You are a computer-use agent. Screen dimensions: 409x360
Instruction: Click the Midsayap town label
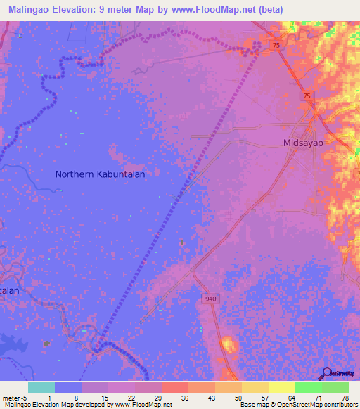point(302,142)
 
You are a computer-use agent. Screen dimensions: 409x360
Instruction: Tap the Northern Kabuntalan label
point(100,174)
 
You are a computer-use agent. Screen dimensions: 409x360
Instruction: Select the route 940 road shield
point(212,299)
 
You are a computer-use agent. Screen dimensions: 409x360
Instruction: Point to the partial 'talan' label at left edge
point(9,290)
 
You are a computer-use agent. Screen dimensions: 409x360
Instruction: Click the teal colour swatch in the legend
point(41,387)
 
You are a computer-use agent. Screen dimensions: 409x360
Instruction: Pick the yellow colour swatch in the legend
point(255,387)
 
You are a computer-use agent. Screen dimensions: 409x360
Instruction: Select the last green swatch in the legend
point(335,387)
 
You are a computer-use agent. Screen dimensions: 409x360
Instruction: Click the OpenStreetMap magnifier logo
point(327,374)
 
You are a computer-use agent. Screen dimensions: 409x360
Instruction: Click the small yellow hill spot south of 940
point(228,344)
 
